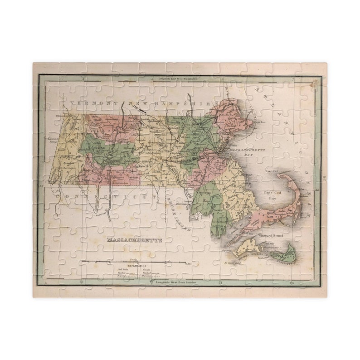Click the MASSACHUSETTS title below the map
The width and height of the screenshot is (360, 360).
tap(135, 240)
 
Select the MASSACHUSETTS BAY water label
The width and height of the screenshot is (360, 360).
tap(247, 151)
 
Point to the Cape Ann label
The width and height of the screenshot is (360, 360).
tap(259, 122)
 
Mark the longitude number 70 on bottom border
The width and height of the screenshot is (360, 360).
tap(292, 283)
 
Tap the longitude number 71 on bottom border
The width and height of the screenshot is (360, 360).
tap(220, 283)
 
